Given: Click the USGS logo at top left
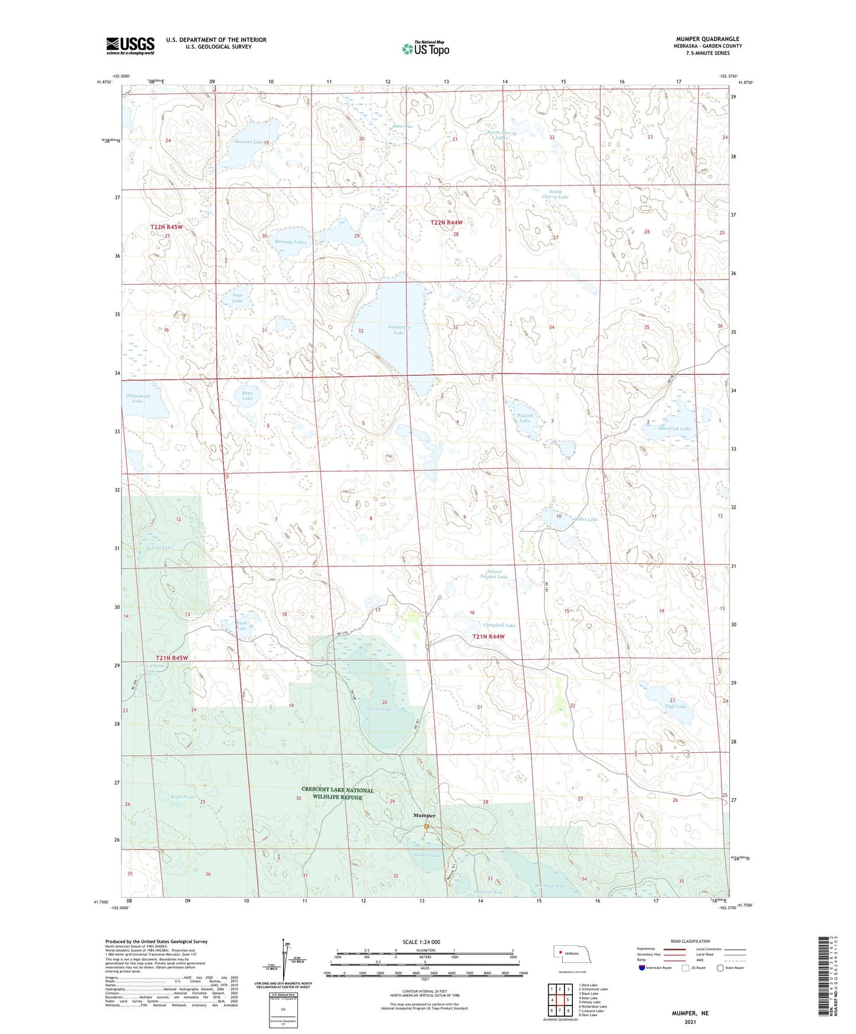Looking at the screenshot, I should click(130, 46).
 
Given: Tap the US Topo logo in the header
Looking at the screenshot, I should click(425, 49).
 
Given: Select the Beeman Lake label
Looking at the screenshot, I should click(248, 142).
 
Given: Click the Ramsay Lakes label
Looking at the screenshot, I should click(291, 242).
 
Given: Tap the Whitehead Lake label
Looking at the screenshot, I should click(137, 399).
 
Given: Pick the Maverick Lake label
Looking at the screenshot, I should click(674, 428).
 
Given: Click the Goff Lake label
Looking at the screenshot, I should click(675, 706).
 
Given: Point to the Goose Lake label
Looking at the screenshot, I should click(379, 709).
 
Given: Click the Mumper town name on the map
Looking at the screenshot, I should click(424, 815).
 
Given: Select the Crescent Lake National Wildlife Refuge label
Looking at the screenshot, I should click(338, 794).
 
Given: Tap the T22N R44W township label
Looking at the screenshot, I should click(446, 222).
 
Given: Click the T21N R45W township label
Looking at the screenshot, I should click(172, 658).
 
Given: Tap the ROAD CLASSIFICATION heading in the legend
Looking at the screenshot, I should click(689, 941).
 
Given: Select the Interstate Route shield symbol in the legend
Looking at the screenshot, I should click(643, 968).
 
